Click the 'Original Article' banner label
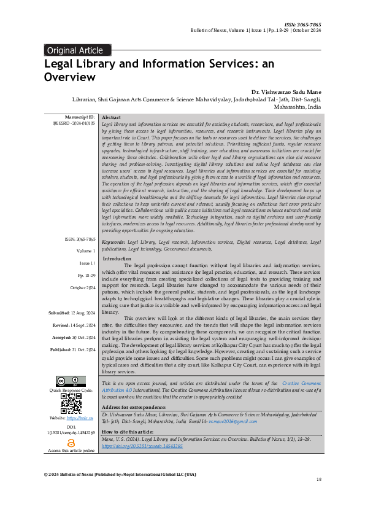75,50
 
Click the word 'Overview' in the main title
69,77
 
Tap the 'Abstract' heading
111,117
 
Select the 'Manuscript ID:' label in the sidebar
79,117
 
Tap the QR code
71,403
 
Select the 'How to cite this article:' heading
128,432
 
